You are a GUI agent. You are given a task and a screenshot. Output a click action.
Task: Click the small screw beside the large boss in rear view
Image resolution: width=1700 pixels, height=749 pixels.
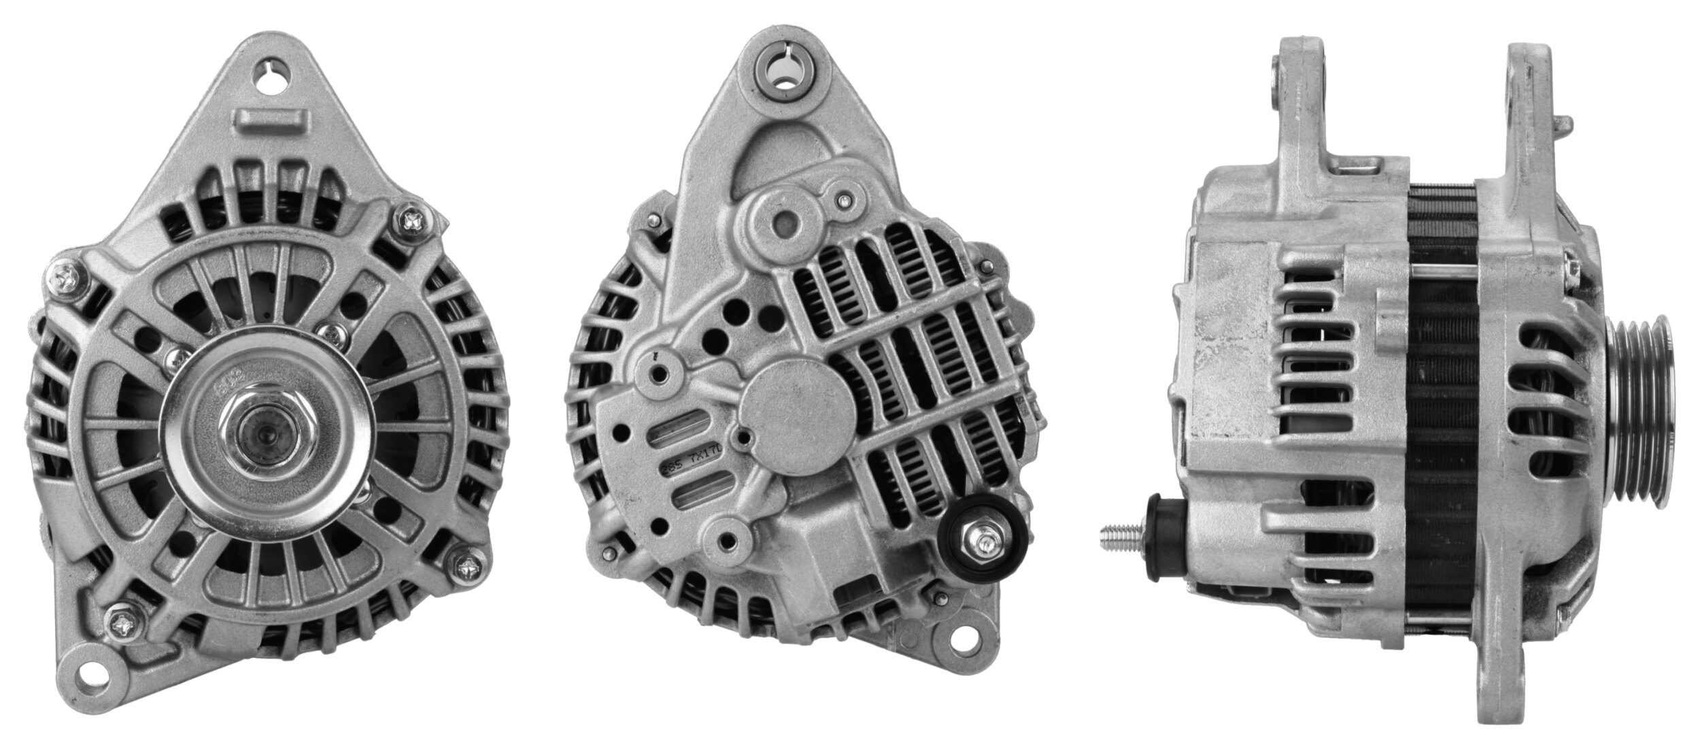[x=843, y=200]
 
